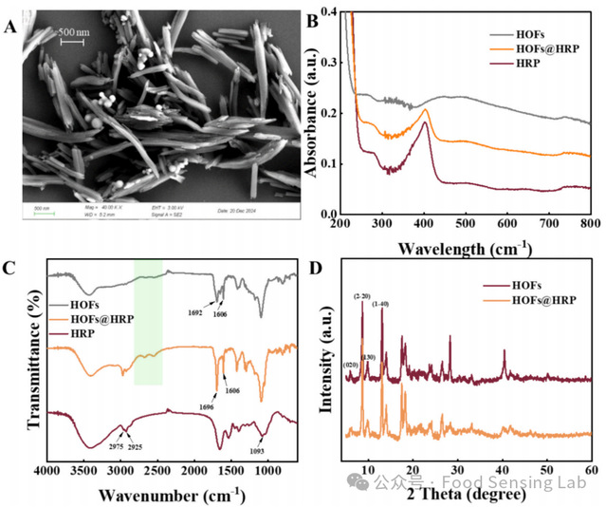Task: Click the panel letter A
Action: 11,27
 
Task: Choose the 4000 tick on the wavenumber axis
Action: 46,472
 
